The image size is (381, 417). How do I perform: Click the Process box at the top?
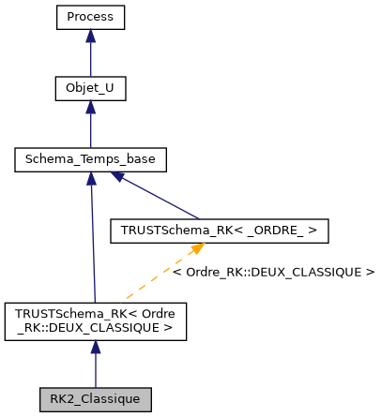90,18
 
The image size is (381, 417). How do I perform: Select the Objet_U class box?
90,89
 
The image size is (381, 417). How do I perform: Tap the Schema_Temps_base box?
90,160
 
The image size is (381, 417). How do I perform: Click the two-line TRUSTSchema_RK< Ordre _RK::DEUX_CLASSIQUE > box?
95,320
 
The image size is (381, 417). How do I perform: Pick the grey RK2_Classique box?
95,398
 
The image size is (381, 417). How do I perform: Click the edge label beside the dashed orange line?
273,273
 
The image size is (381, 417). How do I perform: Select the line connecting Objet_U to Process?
90,59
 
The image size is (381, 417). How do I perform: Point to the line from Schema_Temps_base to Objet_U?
90,130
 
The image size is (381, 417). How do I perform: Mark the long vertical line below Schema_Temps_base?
92,244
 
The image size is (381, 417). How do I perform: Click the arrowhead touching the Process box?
90,36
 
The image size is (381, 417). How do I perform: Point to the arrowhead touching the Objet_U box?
90,107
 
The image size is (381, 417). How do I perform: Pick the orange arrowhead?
197,249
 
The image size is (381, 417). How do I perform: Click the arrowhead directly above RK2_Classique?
95,347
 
